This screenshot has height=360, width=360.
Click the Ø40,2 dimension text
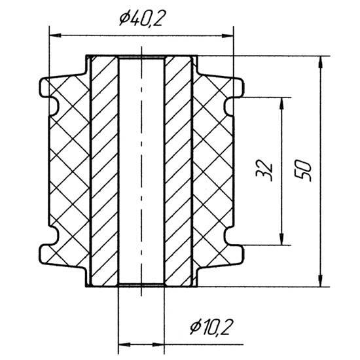[x=141, y=18]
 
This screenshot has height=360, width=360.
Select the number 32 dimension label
[x=264, y=170]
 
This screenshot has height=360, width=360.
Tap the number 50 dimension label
[x=303, y=170]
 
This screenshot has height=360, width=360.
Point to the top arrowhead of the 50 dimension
[x=321, y=62]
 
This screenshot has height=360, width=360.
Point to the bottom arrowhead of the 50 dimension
[x=321, y=281]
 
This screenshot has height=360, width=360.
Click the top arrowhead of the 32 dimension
[x=281, y=103]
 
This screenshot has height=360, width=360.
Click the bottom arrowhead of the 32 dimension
[x=281, y=239]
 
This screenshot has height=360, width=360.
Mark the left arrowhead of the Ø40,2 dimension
[x=55, y=35]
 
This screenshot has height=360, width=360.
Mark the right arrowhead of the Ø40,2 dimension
[x=227, y=35]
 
